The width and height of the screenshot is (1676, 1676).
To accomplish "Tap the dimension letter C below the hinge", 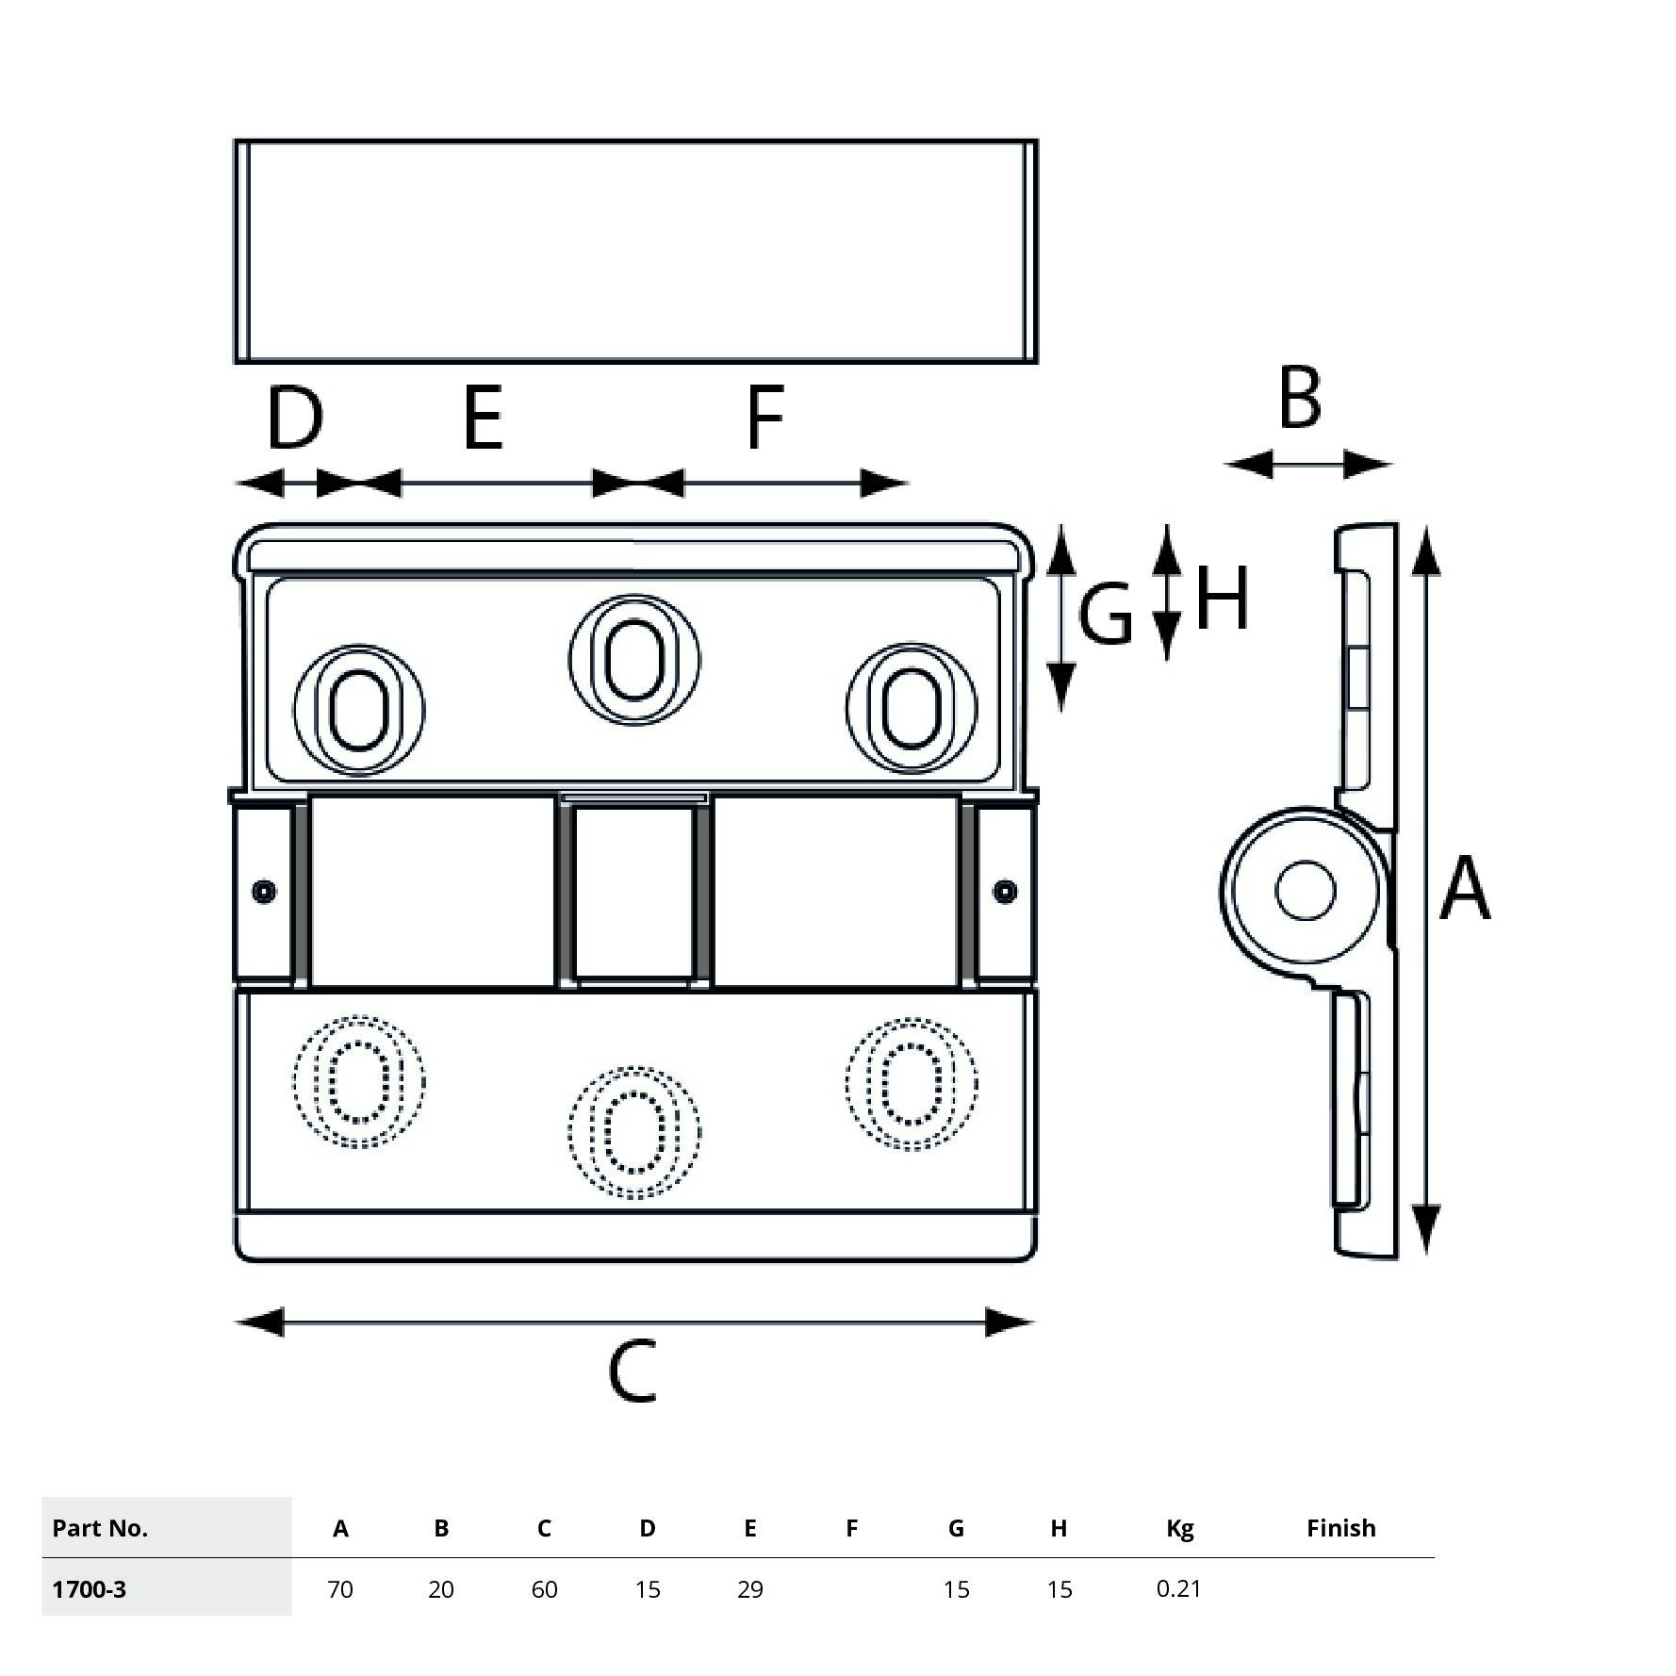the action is click(x=632, y=1372).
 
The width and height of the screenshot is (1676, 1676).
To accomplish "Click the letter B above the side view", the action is click(x=1300, y=398).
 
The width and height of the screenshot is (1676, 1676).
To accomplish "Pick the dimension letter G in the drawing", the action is click(x=1105, y=615).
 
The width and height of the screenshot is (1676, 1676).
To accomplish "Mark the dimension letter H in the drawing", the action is click(x=1223, y=598).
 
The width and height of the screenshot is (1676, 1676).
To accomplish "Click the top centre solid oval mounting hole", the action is click(x=634, y=659).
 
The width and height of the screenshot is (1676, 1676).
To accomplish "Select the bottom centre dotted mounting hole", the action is click(x=634, y=1132).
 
